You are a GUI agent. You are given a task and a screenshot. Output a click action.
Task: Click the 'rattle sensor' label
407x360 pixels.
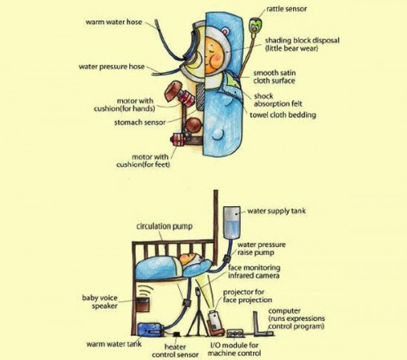click(x=287, y=9)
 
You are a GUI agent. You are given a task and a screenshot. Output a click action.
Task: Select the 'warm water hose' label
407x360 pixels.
click(x=114, y=22)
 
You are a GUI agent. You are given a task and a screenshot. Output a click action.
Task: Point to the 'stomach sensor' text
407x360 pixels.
click(x=140, y=122)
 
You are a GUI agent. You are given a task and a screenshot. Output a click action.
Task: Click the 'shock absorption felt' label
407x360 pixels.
click(x=278, y=100)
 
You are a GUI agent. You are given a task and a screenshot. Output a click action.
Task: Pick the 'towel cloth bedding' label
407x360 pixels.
click(x=283, y=115)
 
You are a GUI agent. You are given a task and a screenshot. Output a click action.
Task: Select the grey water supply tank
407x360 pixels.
click(x=232, y=222)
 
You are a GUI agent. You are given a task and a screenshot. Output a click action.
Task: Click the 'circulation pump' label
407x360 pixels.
click(x=164, y=226)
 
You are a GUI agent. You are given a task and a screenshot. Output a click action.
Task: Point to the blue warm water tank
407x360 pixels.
click(x=150, y=330)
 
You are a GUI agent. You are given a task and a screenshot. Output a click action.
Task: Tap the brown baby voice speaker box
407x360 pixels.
click(x=142, y=305)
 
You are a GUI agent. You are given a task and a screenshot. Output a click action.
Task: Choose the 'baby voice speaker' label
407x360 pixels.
click(x=100, y=302)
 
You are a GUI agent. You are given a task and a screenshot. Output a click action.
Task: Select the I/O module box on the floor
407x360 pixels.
click(x=235, y=333)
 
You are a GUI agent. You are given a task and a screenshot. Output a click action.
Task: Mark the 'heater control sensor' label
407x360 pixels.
click(x=175, y=351)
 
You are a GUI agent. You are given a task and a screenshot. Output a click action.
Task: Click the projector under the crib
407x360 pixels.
click(x=215, y=322)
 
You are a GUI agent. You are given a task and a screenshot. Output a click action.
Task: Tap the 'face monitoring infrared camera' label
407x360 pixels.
click(x=254, y=271)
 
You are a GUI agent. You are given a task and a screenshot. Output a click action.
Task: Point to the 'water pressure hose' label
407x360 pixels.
click(x=112, y=67)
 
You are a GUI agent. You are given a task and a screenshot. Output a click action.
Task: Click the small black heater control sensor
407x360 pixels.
click(x=177, y=334)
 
